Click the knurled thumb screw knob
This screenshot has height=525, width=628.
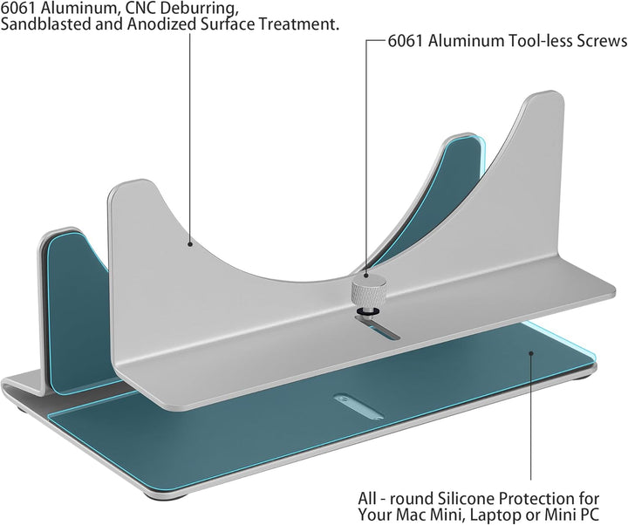[x=369, y=290]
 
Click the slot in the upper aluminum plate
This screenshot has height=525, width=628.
[x=378, y=328]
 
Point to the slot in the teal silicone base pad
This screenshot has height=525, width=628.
[x=358, y=406]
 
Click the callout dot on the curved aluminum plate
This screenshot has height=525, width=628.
[x=190, y=243]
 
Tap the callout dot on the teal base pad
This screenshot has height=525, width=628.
[x=531, y=353]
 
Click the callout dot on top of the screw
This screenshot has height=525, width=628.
[x=365, y=275]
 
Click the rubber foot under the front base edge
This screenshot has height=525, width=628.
[x=166, y=496]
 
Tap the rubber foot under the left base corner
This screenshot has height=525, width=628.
[x=21, y=409]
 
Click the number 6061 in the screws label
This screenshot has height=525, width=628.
[x=406, y=41]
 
